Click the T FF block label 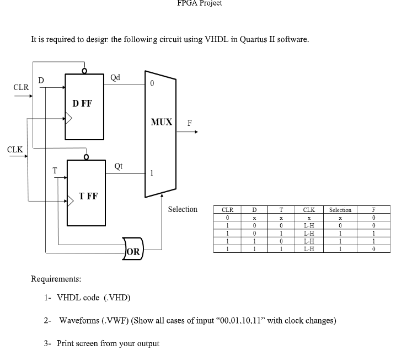coord(88,195)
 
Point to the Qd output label coord(116,77)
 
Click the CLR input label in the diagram coord(21,87)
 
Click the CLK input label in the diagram coord(15,150)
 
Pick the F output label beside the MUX coord(190,124)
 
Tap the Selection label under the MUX coord(183,209)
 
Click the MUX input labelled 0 coord(152,84)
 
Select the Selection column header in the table coord(340,210)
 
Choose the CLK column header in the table coord(309,210)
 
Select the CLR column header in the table coord(227,210)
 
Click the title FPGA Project coord(200,3)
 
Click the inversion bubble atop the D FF coord(84,71)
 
